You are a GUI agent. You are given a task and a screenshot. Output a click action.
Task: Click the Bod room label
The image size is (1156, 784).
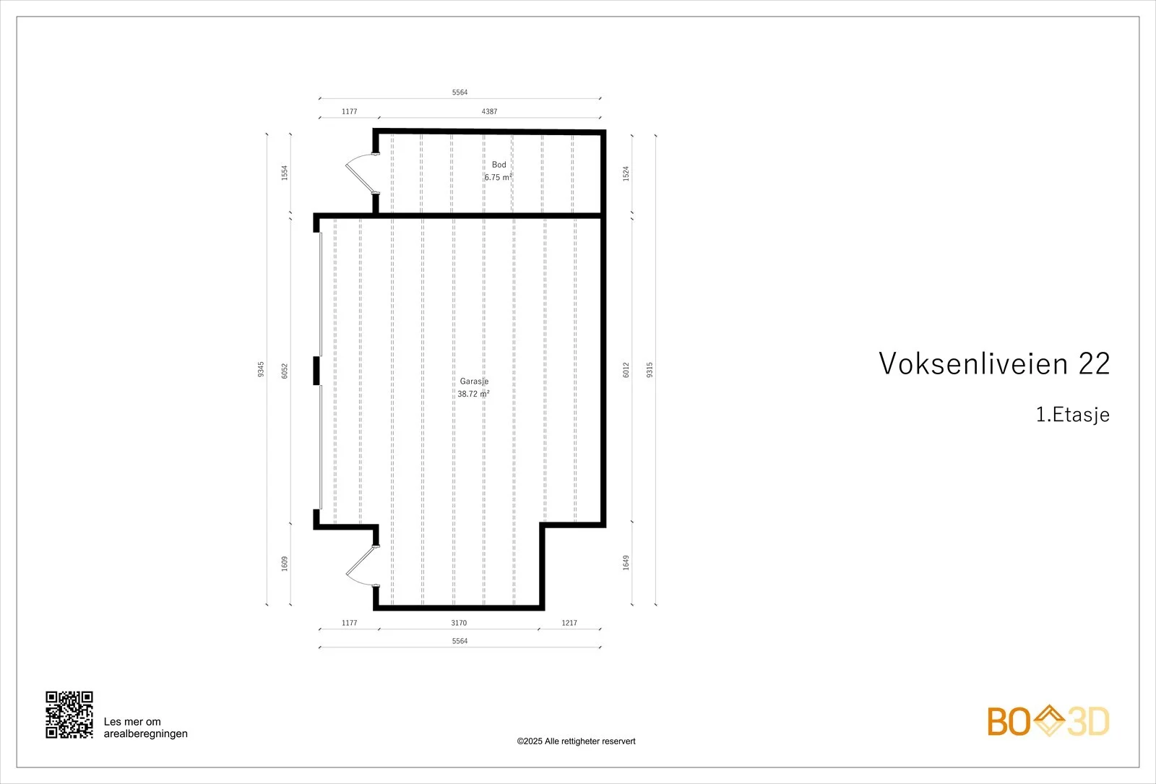499,165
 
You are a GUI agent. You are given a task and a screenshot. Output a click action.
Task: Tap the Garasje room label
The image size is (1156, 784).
474,382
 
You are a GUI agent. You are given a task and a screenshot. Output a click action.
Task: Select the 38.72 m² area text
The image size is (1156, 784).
473,394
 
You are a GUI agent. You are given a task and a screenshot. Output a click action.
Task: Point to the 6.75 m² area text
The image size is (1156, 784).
498,177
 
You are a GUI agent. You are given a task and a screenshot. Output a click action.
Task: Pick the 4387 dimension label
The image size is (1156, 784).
489,111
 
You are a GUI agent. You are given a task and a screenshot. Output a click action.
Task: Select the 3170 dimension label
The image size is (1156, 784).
459,623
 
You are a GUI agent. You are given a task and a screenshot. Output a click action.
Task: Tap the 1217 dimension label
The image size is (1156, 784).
569,623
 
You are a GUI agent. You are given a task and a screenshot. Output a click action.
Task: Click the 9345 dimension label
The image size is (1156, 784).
261,369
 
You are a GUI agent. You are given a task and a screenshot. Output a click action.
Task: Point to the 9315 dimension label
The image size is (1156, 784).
650,369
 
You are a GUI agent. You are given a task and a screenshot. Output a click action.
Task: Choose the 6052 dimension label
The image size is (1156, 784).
285,371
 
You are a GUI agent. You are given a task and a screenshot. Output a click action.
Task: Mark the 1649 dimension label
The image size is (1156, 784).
626,563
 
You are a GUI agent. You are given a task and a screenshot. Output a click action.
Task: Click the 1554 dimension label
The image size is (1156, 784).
285,173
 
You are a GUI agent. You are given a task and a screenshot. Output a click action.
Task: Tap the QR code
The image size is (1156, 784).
69,715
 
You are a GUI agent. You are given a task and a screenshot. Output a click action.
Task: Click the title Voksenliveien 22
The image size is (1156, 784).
994,363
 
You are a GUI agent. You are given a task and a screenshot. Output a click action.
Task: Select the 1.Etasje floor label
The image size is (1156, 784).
1072,415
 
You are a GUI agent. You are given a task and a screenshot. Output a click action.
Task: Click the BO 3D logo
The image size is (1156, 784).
1048,721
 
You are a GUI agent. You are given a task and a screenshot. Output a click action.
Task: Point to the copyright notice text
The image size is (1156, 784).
576,741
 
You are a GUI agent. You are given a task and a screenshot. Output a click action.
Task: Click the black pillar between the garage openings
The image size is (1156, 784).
317,371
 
